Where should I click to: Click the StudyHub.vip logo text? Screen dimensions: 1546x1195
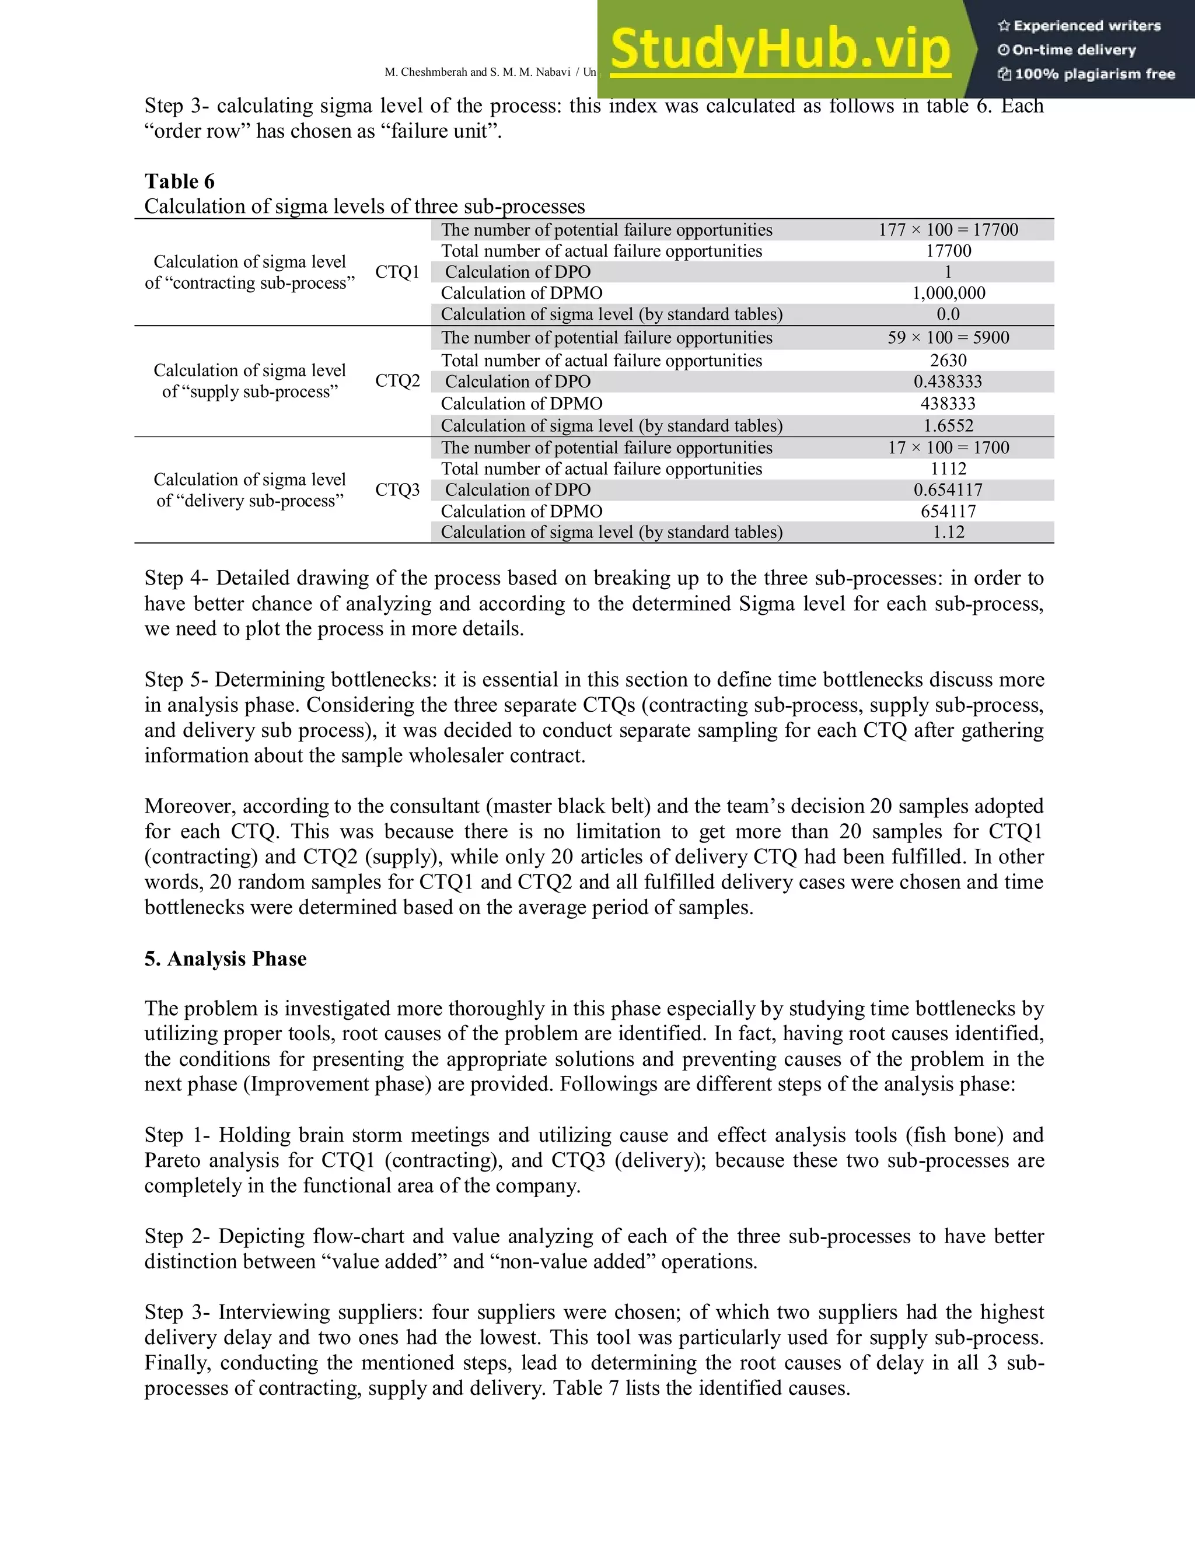point(780,50)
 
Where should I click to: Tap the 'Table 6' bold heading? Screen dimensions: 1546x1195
point(179,181)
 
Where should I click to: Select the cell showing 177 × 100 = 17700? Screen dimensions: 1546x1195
point(948,230)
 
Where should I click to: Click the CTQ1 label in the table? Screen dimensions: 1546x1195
point(397,272)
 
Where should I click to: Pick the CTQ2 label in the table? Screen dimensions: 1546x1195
point(397,381)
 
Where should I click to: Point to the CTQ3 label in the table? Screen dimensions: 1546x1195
point(397,490)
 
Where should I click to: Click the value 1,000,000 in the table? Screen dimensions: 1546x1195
point(948,293)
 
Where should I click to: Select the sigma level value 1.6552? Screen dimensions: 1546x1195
point(948,425)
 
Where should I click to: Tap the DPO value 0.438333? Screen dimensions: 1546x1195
point(948,382)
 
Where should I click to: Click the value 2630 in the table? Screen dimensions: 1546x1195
point(948,361)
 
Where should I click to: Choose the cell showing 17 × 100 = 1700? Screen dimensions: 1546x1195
point(948,447)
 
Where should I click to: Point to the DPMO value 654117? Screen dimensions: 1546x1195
point(948,511)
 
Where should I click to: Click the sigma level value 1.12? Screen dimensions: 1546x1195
point(948,532)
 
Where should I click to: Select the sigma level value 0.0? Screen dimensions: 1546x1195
point(948,314)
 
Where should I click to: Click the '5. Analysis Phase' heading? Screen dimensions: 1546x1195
point(225,959)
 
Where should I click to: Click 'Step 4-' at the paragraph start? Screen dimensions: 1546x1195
point(176,578)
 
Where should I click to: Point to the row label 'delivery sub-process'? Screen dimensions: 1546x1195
point(249,501)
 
